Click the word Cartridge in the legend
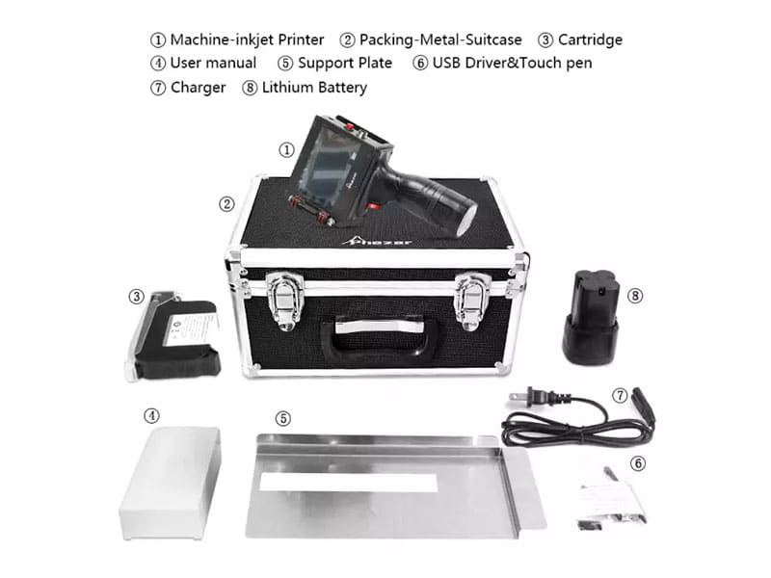point(590,39)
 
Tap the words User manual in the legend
point(213,63)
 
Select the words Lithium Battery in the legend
point(314,88)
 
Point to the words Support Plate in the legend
point(345,63)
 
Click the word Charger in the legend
point(199,88)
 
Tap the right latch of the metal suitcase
point(472,301)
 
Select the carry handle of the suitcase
point(378,335)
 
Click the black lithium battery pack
point(590,318)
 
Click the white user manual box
point(171,483)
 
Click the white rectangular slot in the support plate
point(349,483)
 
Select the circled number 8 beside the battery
point(635,296)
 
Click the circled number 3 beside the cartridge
point(136,297)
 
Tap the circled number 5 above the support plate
point(282,419)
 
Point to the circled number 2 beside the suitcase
point(226,204)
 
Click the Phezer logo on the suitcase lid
point(378,241)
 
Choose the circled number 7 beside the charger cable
point(620,395)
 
